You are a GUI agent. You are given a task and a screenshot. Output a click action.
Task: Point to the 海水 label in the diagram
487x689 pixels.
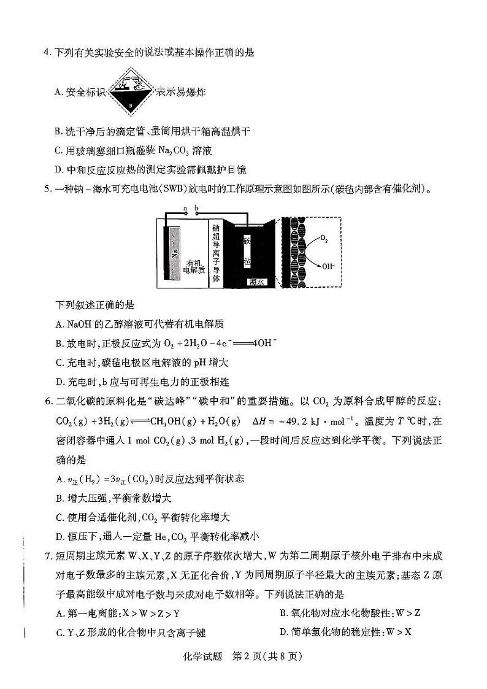(x=256, y=282)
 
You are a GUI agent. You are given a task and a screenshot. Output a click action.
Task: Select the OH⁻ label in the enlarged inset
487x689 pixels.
(x=325, y=266)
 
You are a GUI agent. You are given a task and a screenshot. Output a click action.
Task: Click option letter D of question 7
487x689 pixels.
(x=283, y=632)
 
